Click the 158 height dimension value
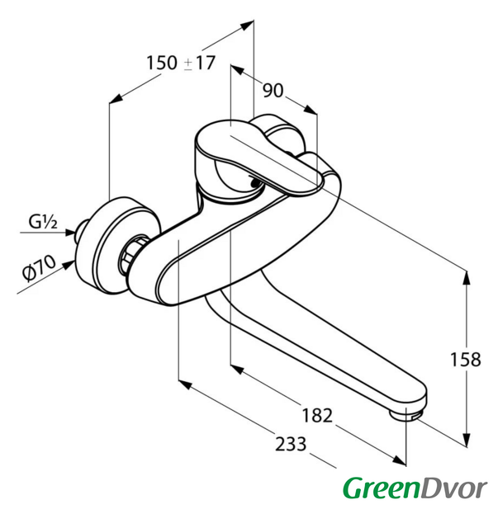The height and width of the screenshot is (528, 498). click(x=466, y=360)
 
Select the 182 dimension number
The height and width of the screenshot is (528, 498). click(x=317, y=415)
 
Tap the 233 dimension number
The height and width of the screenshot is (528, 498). click(x=291, y=444)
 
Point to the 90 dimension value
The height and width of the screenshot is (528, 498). click(x=273, y=90)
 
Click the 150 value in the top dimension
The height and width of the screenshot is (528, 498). click(x=162, y=63)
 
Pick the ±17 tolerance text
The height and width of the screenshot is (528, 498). click(x=199, y=63)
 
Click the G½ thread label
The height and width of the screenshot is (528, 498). click(x=43, y=222)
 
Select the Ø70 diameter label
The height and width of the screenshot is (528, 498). click(x=39, y=267)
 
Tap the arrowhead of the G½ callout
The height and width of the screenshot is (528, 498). click(x=70, y=232)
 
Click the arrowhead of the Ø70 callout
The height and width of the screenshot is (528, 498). click(x=69, y=265)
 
